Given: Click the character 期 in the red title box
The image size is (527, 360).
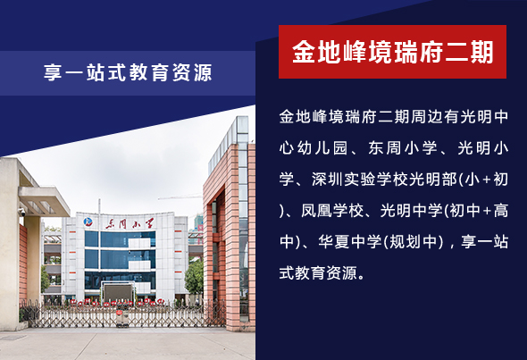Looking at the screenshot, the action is (481, 52).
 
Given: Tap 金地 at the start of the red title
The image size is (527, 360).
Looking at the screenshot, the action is (316, 52).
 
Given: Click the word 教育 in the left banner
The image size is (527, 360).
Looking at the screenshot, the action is (148, 72).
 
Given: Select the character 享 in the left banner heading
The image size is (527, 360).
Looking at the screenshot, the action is (53, 72).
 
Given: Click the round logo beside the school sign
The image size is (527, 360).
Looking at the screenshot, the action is (88, 222).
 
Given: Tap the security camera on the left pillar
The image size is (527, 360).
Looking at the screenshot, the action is (21, 212).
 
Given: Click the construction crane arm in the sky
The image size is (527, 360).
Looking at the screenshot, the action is (180, 197).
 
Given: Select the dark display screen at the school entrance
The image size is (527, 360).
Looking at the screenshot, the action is (118, 292).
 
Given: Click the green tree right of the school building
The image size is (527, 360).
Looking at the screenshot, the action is (195, 277).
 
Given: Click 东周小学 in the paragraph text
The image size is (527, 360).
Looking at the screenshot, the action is (403, 148).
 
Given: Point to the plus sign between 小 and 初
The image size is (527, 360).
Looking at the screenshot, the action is (486, 180).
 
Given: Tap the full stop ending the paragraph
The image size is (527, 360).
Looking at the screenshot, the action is (361, 278).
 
